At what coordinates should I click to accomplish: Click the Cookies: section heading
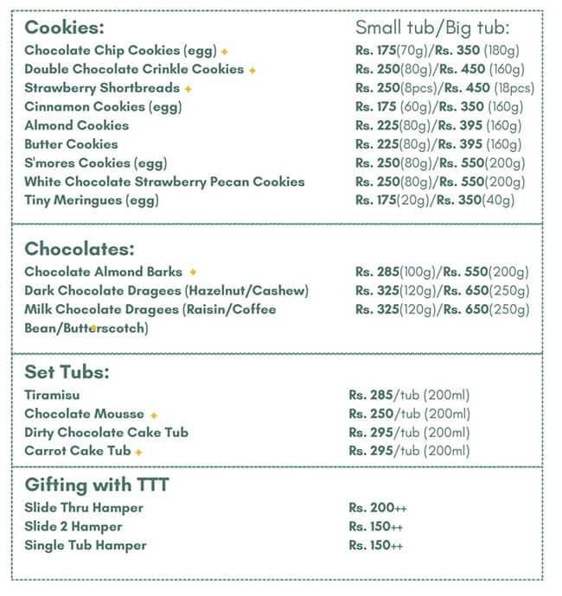(64, 27)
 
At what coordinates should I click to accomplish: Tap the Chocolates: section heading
(80, 250)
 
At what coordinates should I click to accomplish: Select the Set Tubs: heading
(67, 373)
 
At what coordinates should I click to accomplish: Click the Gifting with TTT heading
(96, 485)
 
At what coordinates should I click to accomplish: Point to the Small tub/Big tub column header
(433, 27)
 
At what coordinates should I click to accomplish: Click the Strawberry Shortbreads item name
(102, 88)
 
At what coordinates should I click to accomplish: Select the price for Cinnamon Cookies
(438, 107)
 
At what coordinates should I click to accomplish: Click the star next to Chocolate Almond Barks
(193, 272)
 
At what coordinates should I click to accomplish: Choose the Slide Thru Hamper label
(84, 508)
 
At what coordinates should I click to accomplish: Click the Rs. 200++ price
(376, 508)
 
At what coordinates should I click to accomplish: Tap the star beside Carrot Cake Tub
(138, 452)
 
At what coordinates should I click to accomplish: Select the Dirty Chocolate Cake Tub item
(106, 433)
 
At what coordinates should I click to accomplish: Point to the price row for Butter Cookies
(438, 144)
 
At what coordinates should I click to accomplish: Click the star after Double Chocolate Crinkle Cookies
(252, 70)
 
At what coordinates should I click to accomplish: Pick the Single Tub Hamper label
(86, 545)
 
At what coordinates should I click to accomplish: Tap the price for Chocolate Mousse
(409, 414)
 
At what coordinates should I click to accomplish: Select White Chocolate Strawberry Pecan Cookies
(164, 181)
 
